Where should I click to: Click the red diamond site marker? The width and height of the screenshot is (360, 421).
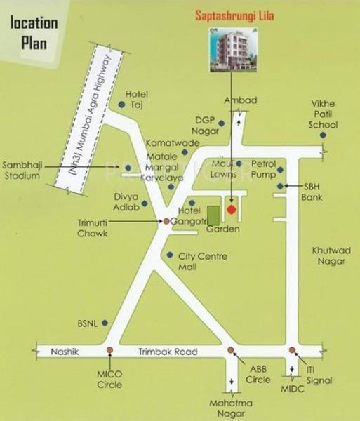click(x=232, y=209)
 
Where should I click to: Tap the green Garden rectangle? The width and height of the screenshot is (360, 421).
click(x=213, y=215)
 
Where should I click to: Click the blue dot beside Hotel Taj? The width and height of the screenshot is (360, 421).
click(x=122, y=105)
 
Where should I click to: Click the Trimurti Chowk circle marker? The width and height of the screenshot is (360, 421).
click(x=166, y=221)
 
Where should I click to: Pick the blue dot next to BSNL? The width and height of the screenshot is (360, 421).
click(x=105, y=323)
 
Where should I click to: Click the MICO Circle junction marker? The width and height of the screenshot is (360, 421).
click(x=109, y=349)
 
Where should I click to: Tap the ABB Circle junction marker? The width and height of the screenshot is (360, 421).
click(x=231, y=349)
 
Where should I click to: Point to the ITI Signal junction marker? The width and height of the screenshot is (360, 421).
click(x=292, y=349)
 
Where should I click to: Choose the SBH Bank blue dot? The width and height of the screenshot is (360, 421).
click(x=280, y=186)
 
